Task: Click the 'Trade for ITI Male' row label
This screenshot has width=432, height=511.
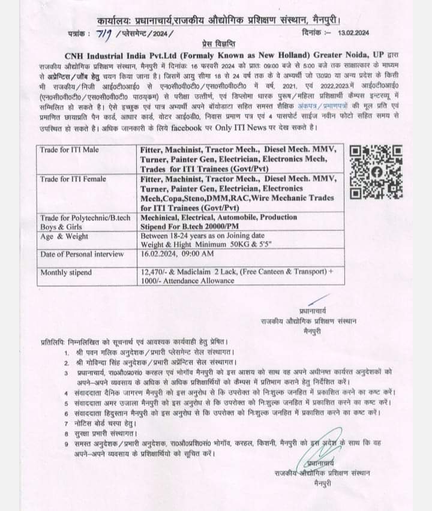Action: click(70, 149)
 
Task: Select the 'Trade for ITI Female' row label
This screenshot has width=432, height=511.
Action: click(73, 179)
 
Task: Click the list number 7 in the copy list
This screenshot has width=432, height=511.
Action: click(67, 422)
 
